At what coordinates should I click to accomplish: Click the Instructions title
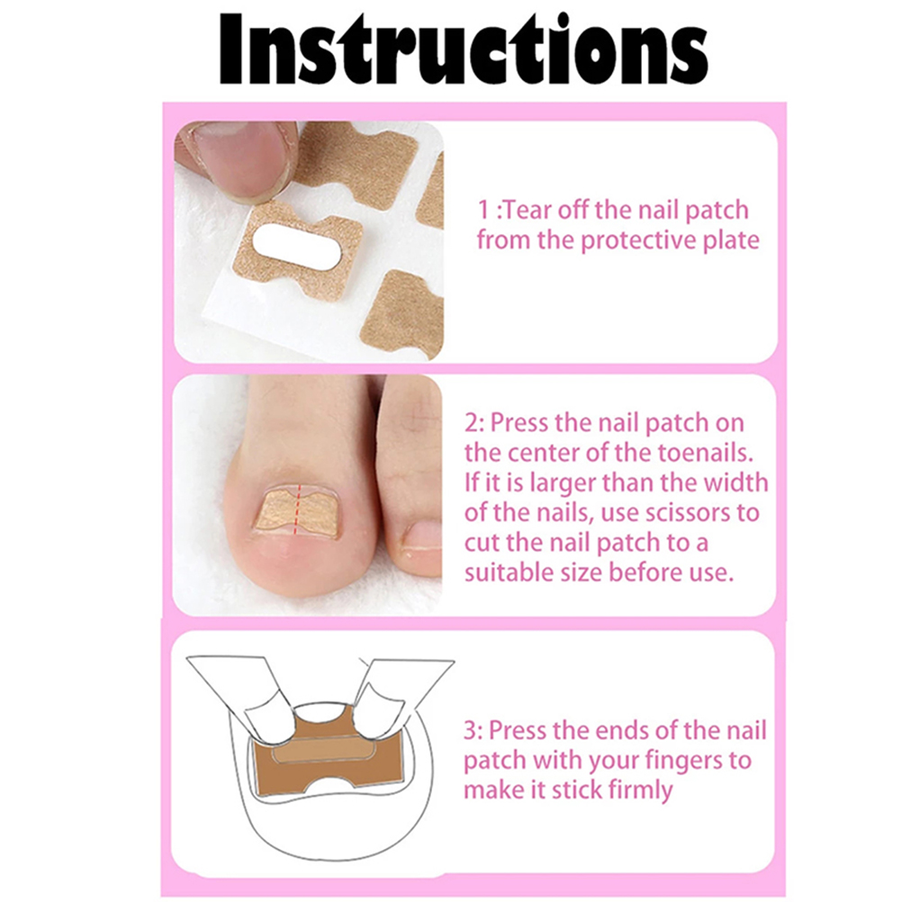click(464, 49)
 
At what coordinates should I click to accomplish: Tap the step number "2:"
click(474, 423)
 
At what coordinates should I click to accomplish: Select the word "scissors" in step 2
click(690, 512)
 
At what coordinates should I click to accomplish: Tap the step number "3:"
click(474, 731)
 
